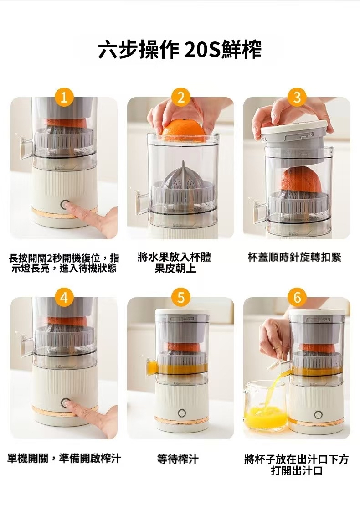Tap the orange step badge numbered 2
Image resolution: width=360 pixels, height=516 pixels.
pos(180,97)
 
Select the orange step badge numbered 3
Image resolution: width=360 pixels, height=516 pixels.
pos(297,97)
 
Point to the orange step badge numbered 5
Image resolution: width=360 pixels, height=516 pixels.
pos(180,297)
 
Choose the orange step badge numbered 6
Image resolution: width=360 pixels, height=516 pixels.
pos(297,297)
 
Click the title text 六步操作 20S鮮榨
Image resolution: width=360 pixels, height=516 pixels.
pos(180,49)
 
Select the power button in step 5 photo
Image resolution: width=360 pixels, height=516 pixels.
pos(182,413)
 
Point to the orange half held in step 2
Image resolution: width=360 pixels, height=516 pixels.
pos(184,131)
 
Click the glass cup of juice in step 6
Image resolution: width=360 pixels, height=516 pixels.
pos(265,406)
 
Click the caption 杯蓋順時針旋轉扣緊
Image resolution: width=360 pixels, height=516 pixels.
pos(294,258)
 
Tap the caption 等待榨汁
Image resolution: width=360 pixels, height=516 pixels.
pos(178,459)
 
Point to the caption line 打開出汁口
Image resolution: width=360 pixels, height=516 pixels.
pos(297,470)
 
